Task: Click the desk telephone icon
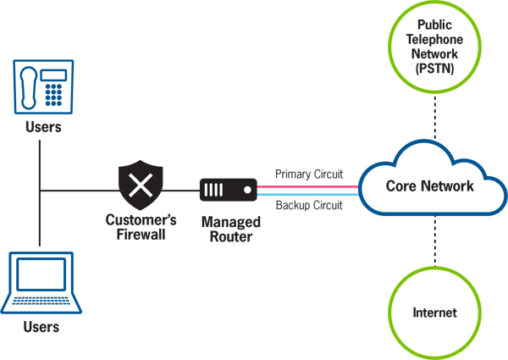click(43, 87)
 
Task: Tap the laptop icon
click(41, 283)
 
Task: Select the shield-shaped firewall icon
click(141, 185)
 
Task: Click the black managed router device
click(229, 190)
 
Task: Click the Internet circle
click(435, 313)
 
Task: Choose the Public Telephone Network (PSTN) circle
click(435, 47)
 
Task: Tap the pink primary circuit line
click(308, 186)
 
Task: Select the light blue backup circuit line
click(308, 195)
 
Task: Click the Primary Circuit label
click(309, 174)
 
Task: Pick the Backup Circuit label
click(309, 205)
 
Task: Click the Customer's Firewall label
click(141, 227)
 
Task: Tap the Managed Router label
click(231, 229)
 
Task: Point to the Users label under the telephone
click(43, 127)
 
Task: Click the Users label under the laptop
click(41, 327)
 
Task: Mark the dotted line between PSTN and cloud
click(435, 117)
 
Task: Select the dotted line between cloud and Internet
click(435, 241)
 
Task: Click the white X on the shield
click(141, 185)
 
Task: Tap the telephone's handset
click(29, 88)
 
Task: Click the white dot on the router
click(247, 190)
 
